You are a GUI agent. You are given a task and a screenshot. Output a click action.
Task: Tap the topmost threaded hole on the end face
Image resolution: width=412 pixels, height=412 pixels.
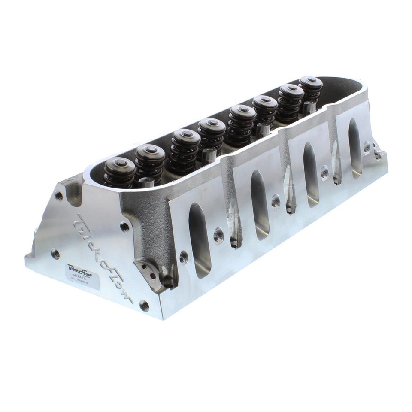pyautogui.click(x=59, y=196)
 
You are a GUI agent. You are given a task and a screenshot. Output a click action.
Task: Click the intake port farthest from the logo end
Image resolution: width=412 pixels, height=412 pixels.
pyautogui.click(x=355, y=148)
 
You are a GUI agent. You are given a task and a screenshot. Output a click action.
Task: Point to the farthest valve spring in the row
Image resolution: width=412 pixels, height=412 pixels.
pyautogui.click(x=311, y=82)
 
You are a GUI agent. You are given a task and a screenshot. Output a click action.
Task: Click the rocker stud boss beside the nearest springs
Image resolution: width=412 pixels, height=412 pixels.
pyautogui.click(x=146, y=182)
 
